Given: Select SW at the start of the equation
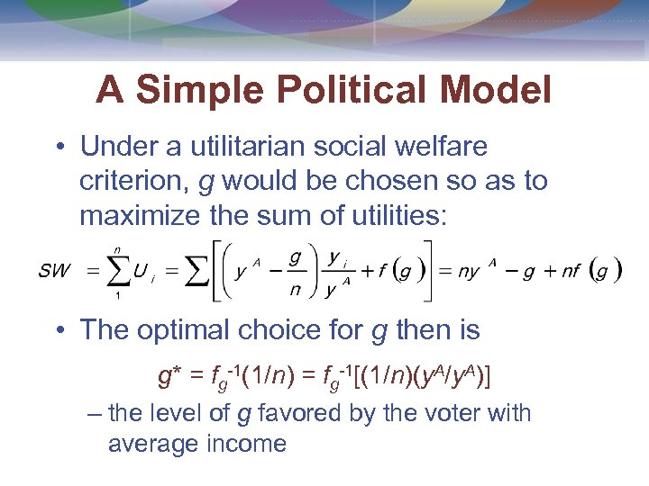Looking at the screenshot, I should point(53,271).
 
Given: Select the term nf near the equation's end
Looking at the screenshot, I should point(571,272).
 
